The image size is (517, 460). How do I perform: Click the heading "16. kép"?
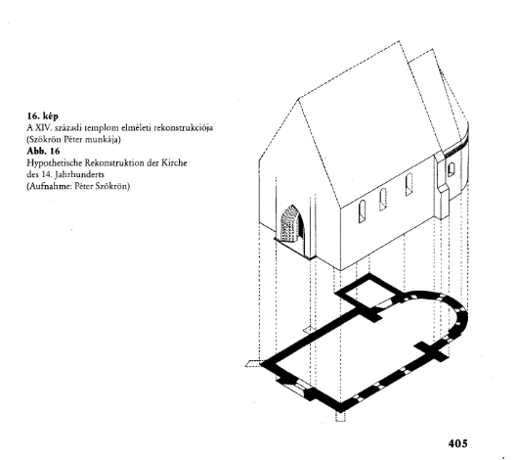tap(43, 116)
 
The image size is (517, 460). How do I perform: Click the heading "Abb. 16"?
tap(43, 152)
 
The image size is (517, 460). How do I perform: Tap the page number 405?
tap(457, 443)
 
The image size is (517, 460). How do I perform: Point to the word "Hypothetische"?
tap(55, 163)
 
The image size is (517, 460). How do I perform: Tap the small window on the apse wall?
tap(451, 169)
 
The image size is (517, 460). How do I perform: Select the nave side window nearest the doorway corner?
tap(362, 211)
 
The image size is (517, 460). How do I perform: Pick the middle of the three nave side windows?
tap(382, 200)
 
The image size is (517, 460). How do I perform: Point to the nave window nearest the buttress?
tap(409, 185)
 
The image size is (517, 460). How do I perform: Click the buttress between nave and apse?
tap(442, 188)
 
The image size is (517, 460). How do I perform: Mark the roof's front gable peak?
tap(299, 99)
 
